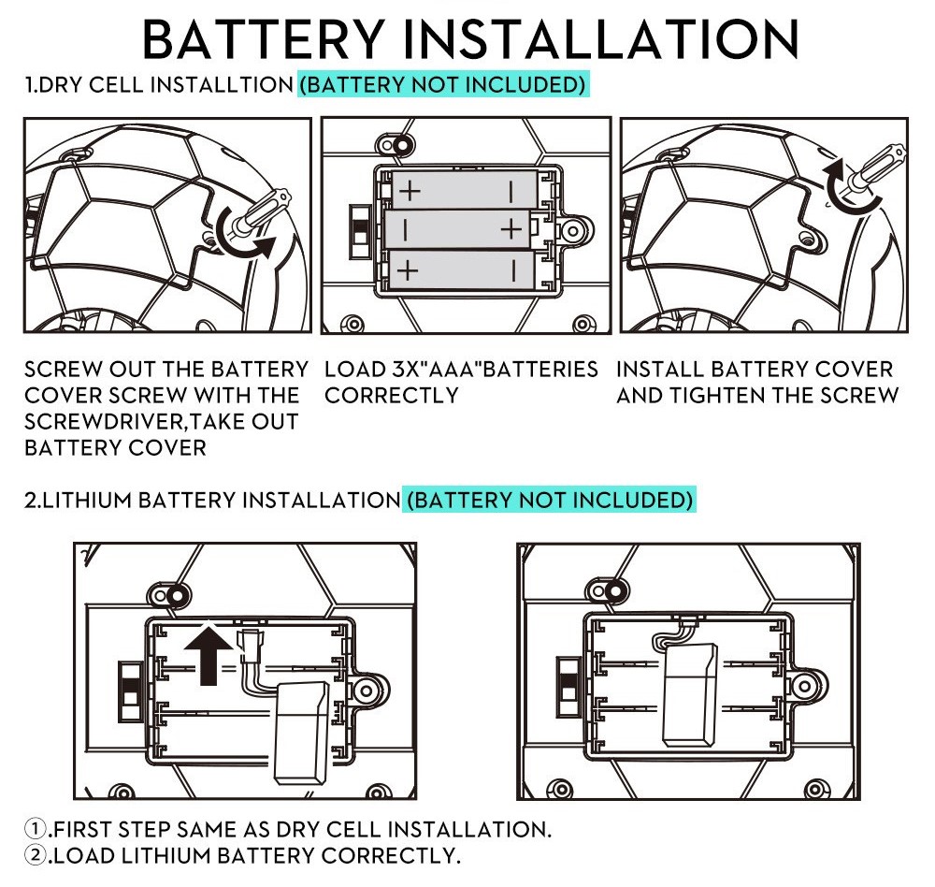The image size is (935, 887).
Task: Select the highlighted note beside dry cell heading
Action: coord(442,85)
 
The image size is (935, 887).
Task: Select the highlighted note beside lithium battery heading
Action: coord(550,500)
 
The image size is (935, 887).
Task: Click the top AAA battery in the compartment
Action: coord(461,191)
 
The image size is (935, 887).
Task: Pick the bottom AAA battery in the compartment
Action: coord(461,269)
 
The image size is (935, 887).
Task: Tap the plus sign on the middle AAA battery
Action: coord(511,229)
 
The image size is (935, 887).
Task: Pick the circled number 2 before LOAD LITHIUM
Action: coord(36,855)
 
